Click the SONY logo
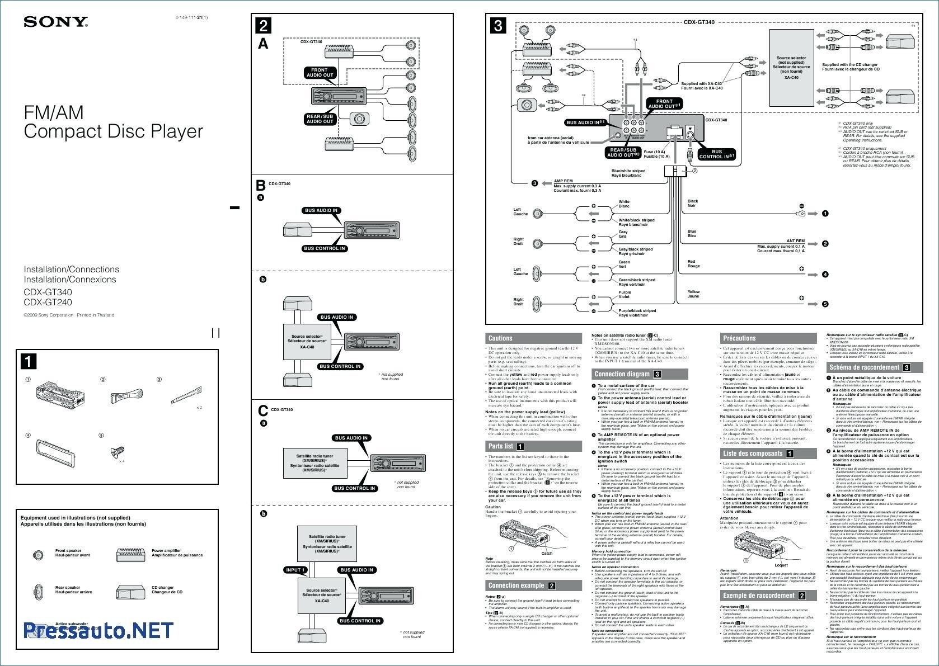click(55, 22)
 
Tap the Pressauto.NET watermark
click(98, 630)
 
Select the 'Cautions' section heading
click(500, 338)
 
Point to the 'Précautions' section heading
click(739, 338)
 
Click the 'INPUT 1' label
click(295, 570)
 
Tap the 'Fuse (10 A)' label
click(654, 152)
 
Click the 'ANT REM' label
click(795, 241)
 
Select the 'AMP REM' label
click(563, 181)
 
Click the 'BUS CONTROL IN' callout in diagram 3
click(717, 154)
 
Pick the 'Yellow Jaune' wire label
click(693, 294)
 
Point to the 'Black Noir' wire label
click(693, 203)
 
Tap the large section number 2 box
click(264, 26)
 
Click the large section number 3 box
click(498, 26)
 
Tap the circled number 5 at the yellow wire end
click(825, 304)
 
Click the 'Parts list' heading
click(501, 446)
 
